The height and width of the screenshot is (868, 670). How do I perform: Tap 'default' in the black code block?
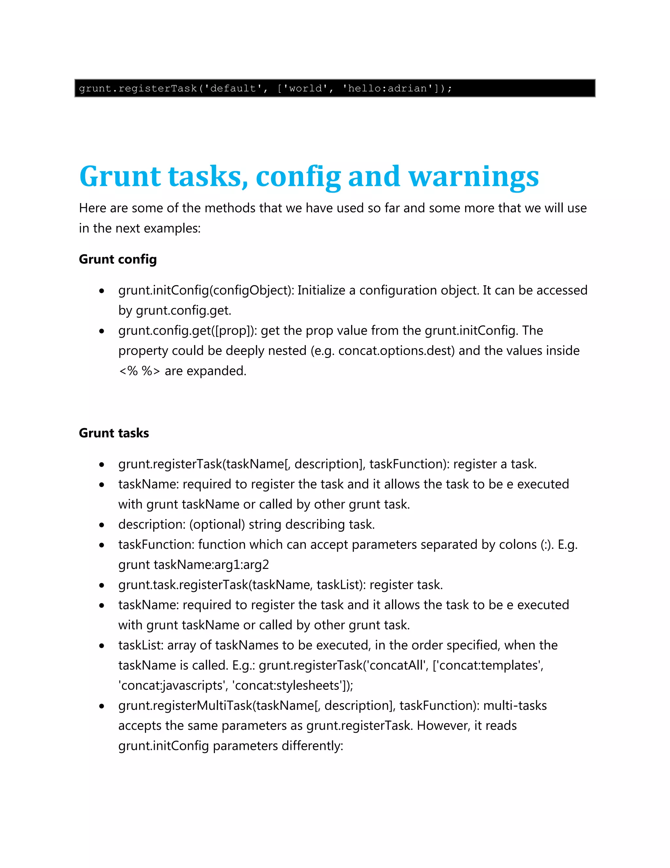pyautogui.click(x=233, y=88)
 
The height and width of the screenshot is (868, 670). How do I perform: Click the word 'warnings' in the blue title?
pyautogui.click(x=473, y=177)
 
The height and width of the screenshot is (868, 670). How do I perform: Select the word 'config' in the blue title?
pyautogui.click(x=298, y=177)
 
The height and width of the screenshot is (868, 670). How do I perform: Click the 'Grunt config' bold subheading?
pyautogui.click(x=118, y=259)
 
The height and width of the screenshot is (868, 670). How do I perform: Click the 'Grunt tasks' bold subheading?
pyautogui.click(x=114, y=433)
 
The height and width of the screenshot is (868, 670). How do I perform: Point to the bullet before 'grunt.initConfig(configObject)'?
pyautogui.click(x=102, y=291)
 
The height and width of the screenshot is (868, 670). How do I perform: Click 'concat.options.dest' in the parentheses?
pyautogui.click(x=396, y=350)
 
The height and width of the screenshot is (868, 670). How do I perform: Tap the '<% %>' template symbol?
pyautogui.click(x=139, y=371)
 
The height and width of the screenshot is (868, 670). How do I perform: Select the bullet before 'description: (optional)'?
pyautogui.click(x=102, y=525)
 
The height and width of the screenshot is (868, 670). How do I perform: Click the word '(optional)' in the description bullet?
pyautogui.click(x=217, y=525)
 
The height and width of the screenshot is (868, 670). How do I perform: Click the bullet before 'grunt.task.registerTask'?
pyautogui.click(x=102, y=585)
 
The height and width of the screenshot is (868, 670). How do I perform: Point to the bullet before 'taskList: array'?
pyautogui.click(x=102, y=646)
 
